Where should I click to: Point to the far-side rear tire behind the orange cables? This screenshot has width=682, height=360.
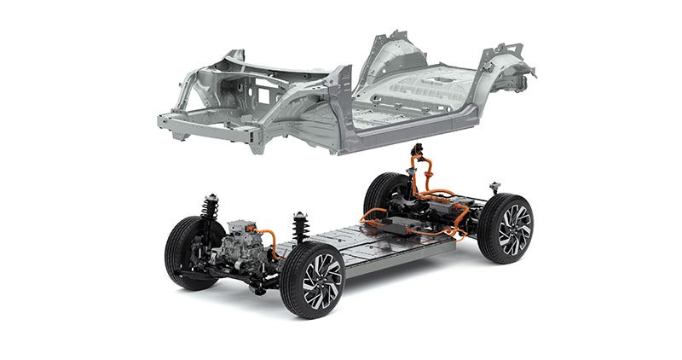pos(393,195)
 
